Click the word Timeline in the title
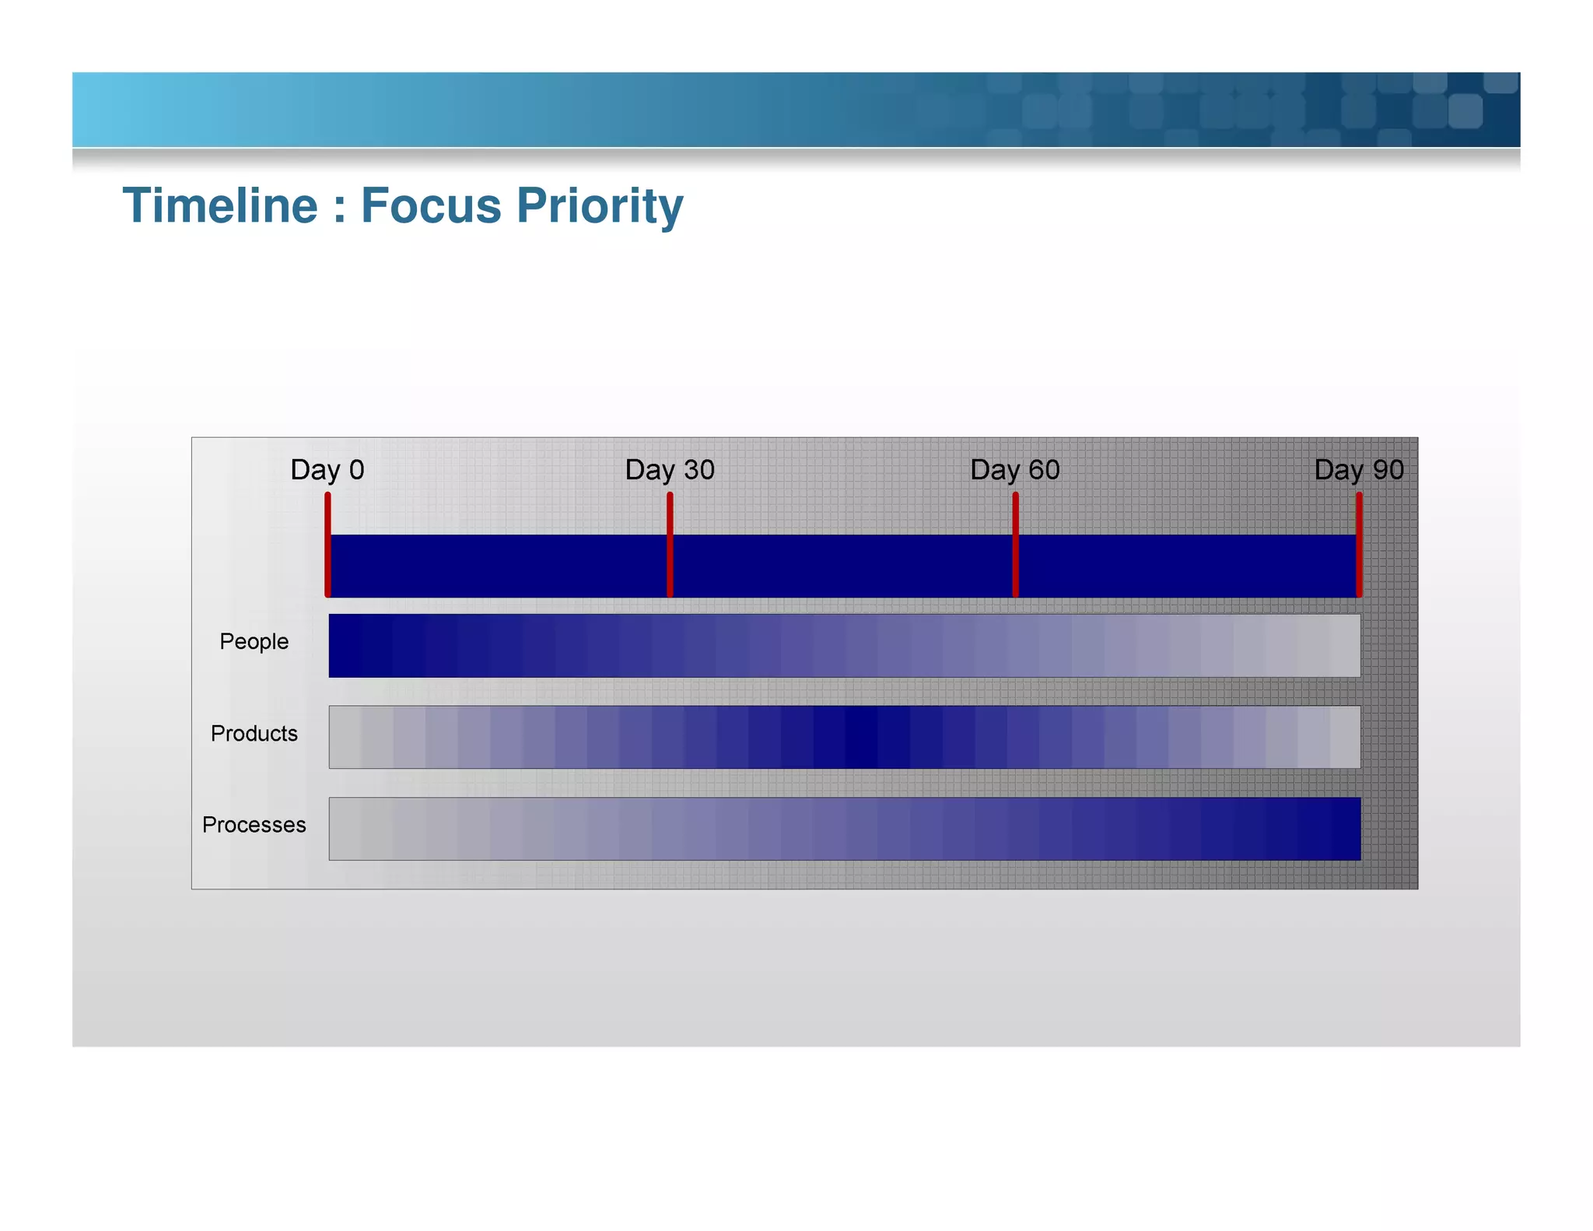[x=220, y=205]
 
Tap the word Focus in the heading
[x=431, y=205]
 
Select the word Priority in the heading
[x=600, y=207]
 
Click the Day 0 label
[x=327, y=470]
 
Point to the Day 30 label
[x=670, y=470]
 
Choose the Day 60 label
[x=1014, y=470]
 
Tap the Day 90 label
[x=1358, y=470]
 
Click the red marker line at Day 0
[x=328, y=545]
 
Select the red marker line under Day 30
[x=670, y=545]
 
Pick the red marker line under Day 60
[x=1015, y=545]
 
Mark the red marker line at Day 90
[x=1359, y=545]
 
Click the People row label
[x=254, y=641]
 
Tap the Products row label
[x=254, y=733]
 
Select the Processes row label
[x=254, y=825]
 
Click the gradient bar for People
[x=844, y=645]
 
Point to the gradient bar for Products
[x=844, y=737]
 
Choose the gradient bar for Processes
[x=844, y=829]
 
